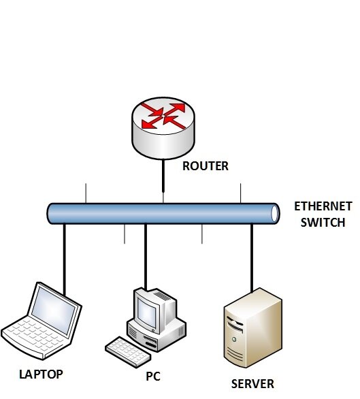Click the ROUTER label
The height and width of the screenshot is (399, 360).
(206, 166)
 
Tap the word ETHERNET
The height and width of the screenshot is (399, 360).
(323, 206)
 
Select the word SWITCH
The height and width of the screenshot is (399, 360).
(323, 223)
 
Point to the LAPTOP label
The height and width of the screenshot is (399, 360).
(41, 374)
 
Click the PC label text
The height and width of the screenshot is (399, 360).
(153, 377)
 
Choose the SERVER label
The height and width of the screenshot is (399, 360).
(252, 384)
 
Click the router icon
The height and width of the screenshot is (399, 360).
(163, 128)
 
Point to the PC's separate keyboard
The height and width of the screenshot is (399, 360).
(128, 351)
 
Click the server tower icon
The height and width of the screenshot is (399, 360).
(253, 328)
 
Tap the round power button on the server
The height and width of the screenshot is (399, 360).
(234, 339)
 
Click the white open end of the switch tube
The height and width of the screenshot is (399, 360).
(274, 214)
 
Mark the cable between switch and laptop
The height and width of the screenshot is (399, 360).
(65, 260)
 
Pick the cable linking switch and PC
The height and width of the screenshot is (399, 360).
(146, 257)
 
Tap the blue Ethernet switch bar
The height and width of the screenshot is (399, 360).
(163, 214)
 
